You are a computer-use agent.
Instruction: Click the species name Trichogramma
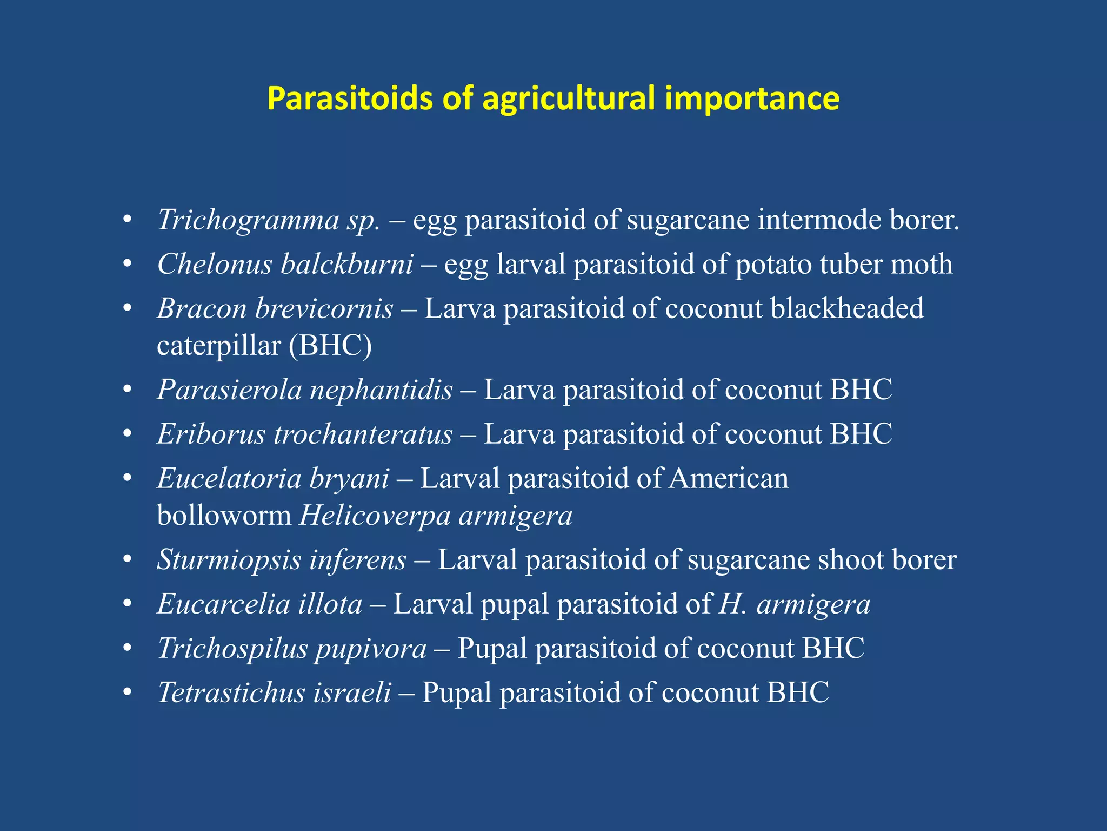click(248, 220)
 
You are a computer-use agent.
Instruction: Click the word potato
click(773, 265)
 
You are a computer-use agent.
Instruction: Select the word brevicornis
click(324, 309)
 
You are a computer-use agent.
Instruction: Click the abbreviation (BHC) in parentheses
click(330, 346)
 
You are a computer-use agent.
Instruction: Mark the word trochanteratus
click(363, 434)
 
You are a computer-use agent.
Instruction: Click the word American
click(729, 479)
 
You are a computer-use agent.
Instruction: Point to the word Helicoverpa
click(375, 516)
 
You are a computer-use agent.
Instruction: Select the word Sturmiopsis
click(229, 560)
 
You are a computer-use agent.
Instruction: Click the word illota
click(330, 604)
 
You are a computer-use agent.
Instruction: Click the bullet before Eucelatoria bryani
click(128, 479)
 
